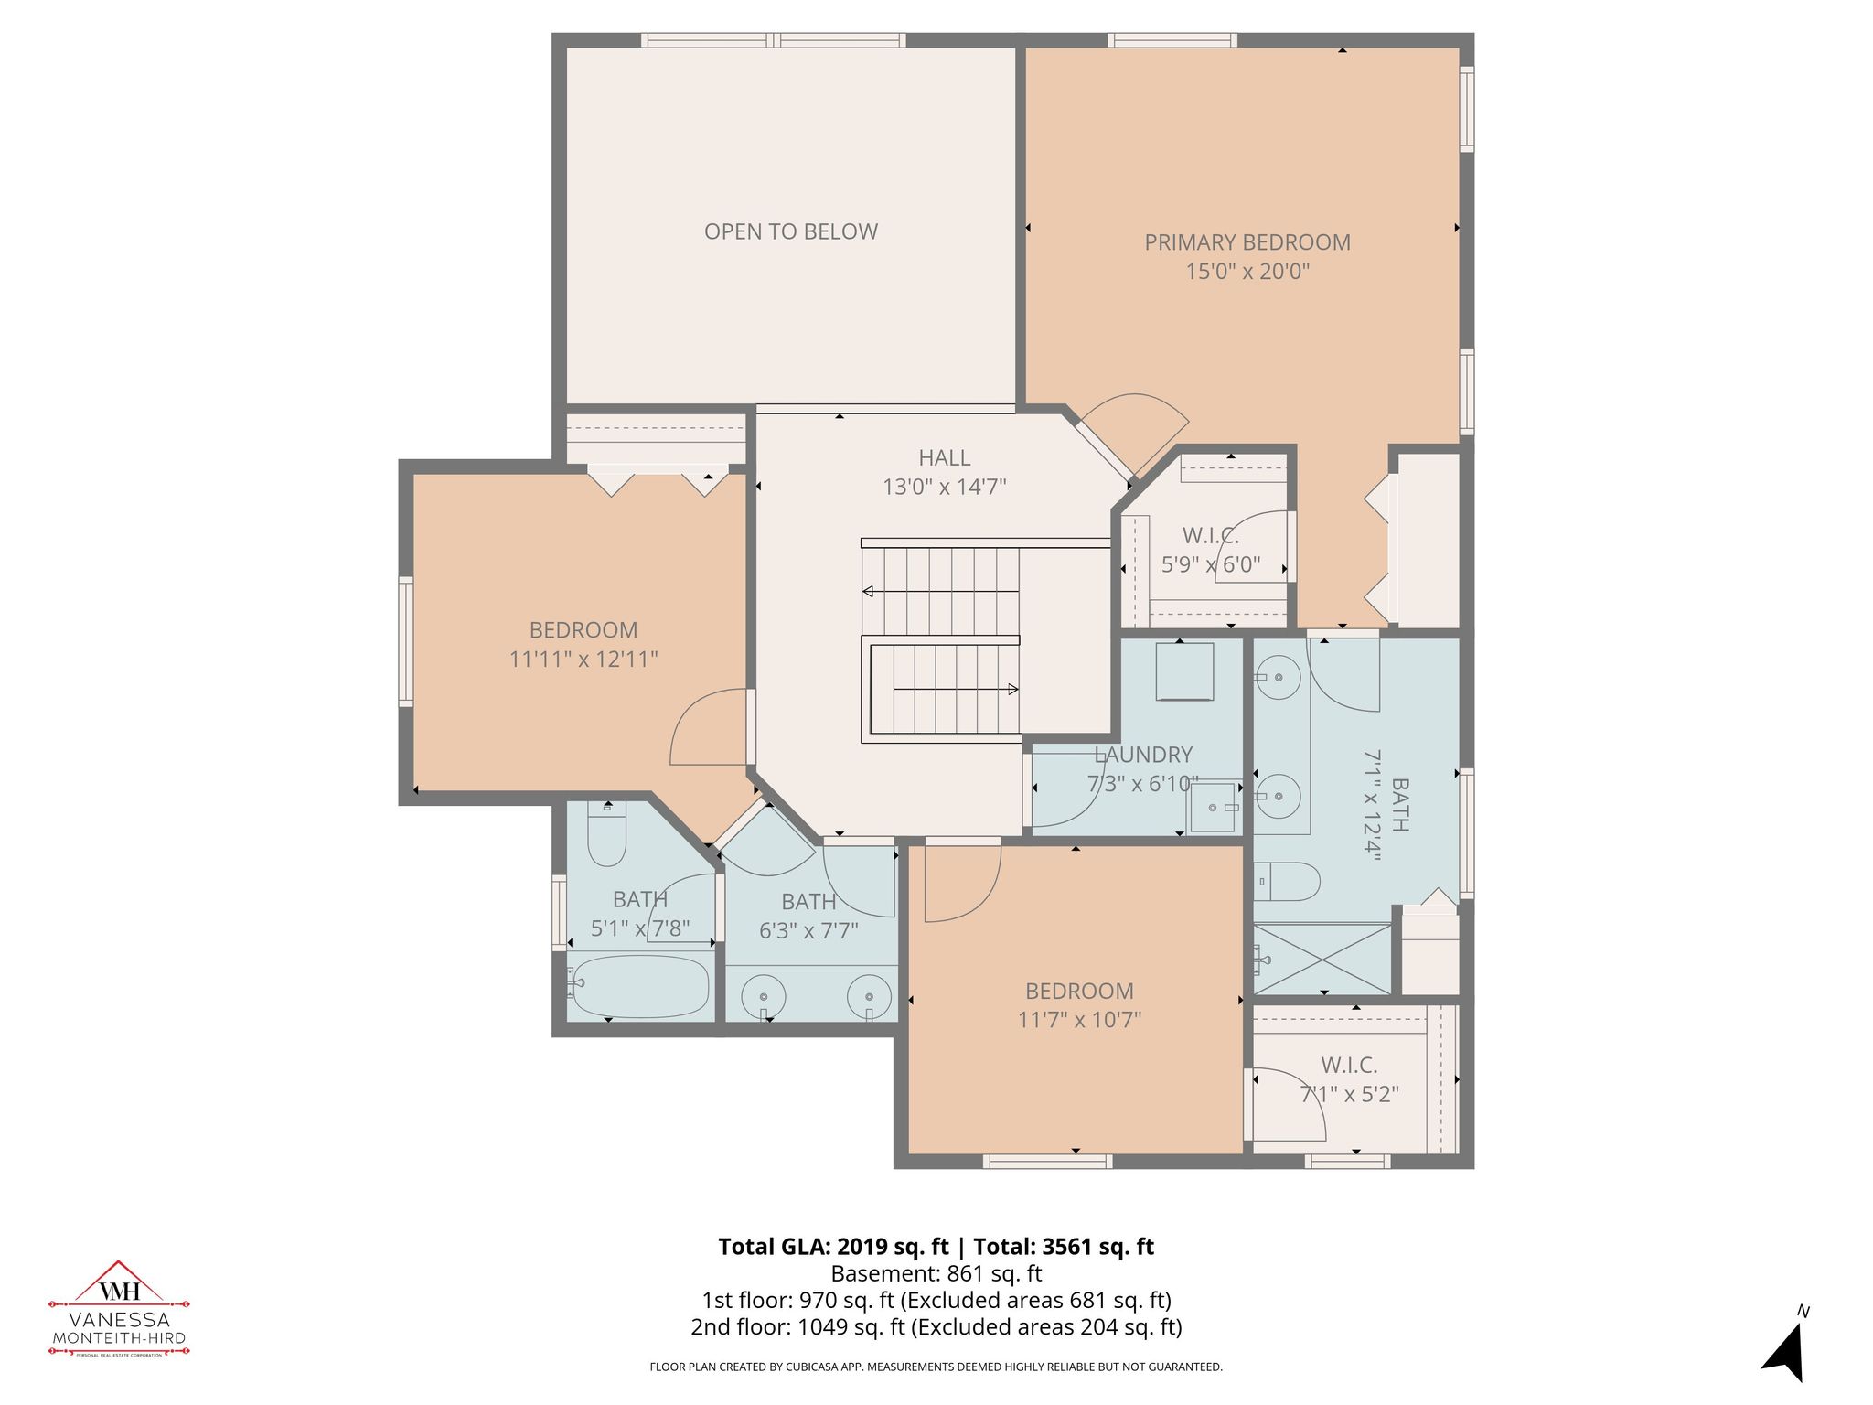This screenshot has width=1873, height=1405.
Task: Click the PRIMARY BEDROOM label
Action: pos(1247,242)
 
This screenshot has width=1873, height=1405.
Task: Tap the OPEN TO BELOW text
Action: pos(790,231)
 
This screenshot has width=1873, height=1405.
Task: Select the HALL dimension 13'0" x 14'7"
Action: pos(944,487)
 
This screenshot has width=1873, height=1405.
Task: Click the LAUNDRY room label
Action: pos(1143,755)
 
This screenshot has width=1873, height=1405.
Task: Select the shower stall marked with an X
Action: pos(1322,959)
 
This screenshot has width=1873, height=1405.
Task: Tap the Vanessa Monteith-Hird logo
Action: pos(119,1308)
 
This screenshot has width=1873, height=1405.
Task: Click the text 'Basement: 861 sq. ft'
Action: pos(936,1273)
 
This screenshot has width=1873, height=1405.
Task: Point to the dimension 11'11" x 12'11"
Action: pos(583,659)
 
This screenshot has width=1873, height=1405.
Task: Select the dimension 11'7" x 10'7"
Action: pos(1079,1019)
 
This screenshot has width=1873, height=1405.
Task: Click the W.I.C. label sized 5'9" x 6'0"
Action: pos(1210,537)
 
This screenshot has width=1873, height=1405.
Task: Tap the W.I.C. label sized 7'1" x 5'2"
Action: pos(1349,1065)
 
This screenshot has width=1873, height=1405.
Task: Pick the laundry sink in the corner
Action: pos(1215,808)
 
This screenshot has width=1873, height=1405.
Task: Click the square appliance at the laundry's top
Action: pos(1184,670)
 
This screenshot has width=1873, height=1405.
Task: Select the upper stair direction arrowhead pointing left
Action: pos(868,592)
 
